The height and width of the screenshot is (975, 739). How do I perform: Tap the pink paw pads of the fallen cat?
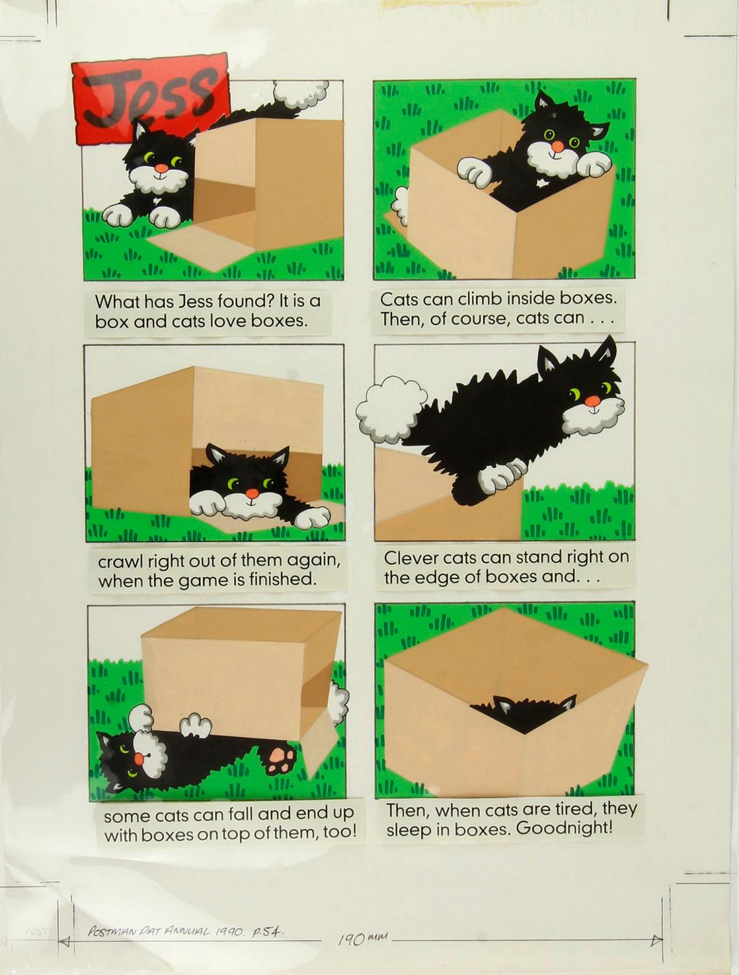tap(281, 759)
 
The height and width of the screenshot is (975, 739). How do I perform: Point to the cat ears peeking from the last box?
tap(534, 703)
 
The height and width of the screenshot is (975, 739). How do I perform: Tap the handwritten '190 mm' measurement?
tap(361, 939)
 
